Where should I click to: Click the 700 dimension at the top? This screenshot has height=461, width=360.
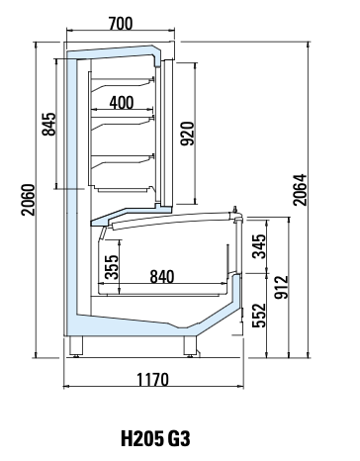pos(121,24)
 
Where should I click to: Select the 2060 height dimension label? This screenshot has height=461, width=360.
pos(28,200)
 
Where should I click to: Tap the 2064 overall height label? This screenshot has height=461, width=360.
pos(300,190)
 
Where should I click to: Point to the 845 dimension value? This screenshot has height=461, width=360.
pos(49,124)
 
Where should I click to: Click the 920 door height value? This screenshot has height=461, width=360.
pos(188,134)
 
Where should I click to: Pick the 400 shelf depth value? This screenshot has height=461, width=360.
pos(122,103)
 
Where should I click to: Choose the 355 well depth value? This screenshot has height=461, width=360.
pos(111,267)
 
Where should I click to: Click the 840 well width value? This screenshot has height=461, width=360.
pos(162,277)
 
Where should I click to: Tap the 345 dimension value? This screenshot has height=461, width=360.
pos(259,246)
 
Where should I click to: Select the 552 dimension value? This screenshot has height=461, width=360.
pos(259,316)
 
